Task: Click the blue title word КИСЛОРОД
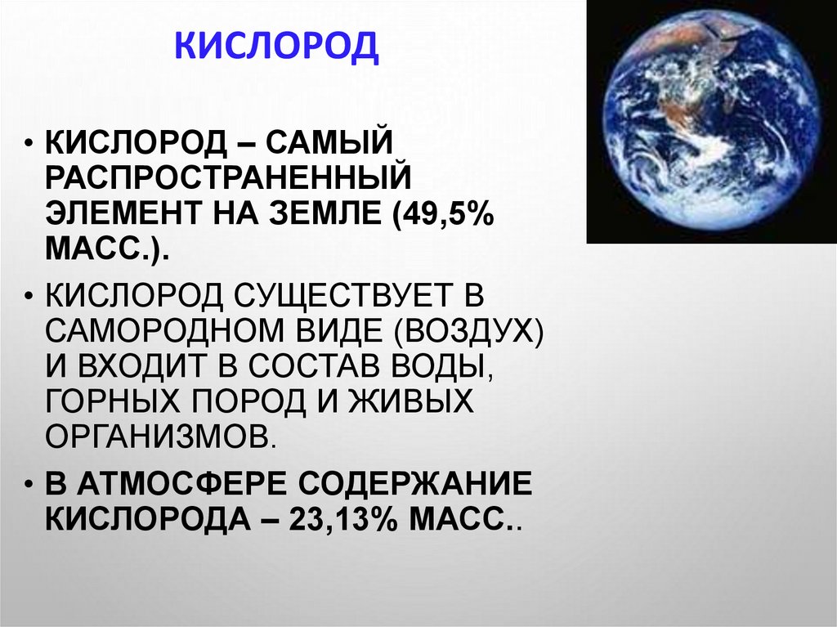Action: click(x=278, y=47)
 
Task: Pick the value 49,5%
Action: click(x=442, y=214)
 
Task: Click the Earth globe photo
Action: click(x=711, y=121)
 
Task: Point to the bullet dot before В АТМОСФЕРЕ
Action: click(x=29, y=483)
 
